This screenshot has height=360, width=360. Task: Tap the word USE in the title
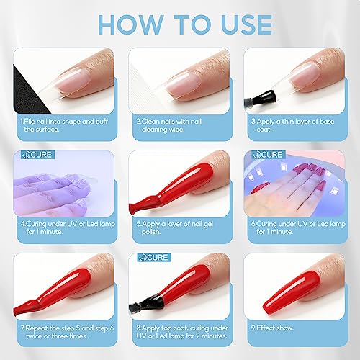232,23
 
